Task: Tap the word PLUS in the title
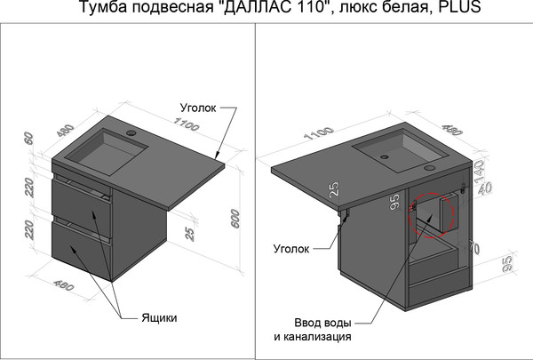pyautogui.click(x=462, y=10)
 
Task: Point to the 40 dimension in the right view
pyautogui.click(x=485, y=189)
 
